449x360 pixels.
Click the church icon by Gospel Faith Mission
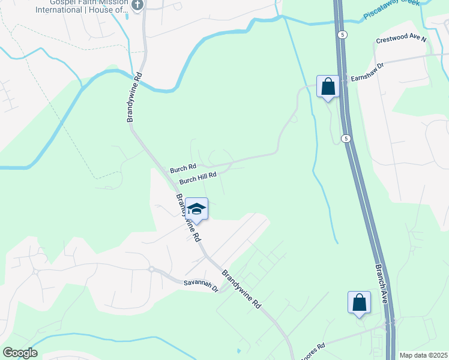coord(137,5)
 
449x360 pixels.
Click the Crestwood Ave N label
coord(401,40)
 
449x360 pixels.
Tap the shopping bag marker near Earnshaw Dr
coord(328,86)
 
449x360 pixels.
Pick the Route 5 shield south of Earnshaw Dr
coord(345,139)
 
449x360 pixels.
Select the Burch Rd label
coord(183,168)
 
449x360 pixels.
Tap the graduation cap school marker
coord(196,209)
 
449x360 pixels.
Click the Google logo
coord(20,353)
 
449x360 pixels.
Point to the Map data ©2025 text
coord(423,355)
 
